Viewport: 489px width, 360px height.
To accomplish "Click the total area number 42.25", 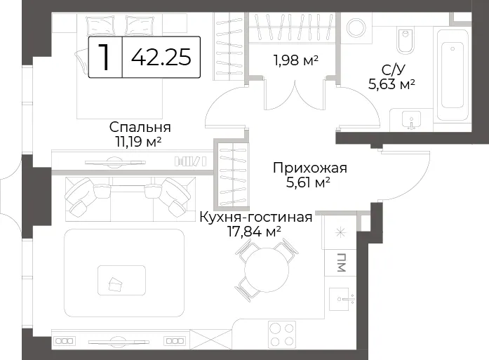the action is [161, 57].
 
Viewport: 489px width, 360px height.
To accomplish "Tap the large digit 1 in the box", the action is [105, 57].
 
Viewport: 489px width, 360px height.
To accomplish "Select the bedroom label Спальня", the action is [140, 127].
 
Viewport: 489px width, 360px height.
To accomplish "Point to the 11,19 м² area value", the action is [138, 142].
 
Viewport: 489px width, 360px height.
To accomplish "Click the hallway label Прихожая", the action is [309, 168].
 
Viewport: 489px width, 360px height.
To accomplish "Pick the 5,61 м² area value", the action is [308, 182].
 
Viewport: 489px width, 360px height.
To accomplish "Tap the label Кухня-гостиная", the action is [256, 217].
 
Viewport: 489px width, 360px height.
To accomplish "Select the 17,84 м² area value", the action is [255, 232].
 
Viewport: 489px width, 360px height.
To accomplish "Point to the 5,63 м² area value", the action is [391, 84].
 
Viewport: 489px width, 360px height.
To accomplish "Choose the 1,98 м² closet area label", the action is [295, 60].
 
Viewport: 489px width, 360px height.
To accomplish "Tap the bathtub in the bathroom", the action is [453, 75].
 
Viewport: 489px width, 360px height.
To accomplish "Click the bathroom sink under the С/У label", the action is [412, 120].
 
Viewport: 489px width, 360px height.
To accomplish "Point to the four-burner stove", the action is [282, 334].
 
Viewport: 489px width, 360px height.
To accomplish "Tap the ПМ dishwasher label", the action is [342, 263].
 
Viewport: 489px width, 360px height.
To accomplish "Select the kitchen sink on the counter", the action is [342, 300].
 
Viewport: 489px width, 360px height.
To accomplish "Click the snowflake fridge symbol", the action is [340, 233].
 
